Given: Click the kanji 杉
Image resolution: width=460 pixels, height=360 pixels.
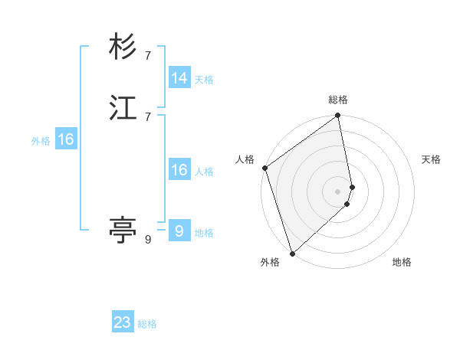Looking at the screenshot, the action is tap(123, 47).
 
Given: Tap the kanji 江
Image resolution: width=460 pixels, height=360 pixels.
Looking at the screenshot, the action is tap(123, 108).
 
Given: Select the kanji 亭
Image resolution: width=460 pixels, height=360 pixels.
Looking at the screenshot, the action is tap(123, 229).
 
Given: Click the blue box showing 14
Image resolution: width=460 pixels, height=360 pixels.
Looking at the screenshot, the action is tap(179, 78).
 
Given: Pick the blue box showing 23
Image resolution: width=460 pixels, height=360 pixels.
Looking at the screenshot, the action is tap(123, 322).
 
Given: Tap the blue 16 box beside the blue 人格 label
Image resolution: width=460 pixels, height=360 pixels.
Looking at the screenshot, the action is tap(179, 170).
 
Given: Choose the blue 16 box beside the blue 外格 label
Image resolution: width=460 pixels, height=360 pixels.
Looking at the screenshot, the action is tap(66, 139).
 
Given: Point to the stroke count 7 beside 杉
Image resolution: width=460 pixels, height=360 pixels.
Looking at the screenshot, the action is tap(148, 56).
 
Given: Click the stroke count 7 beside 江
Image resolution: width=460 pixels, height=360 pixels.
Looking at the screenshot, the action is tap(148, 116).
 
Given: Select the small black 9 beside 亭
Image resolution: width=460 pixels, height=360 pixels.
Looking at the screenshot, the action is tap(148, 240).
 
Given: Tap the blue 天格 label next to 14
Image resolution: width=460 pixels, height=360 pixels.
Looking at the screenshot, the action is tap(204, 80).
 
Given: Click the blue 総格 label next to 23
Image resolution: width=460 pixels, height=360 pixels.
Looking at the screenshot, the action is tap(147, 324).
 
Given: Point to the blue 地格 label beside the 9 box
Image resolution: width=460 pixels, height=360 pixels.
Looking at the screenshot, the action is tap(204, 233).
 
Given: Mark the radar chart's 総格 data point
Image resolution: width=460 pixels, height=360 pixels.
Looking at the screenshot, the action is tap(338, 116).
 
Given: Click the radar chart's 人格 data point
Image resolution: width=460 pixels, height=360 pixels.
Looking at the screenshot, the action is tap(264, 168).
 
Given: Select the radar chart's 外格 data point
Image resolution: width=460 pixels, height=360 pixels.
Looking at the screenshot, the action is tap(292, 253).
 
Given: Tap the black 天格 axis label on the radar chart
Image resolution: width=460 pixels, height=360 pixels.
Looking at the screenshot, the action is tap(431, 159).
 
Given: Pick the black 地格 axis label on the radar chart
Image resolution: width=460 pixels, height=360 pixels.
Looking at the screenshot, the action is tap(402, 262).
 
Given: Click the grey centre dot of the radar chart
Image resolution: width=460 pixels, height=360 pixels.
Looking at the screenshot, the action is tap(338, 191).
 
